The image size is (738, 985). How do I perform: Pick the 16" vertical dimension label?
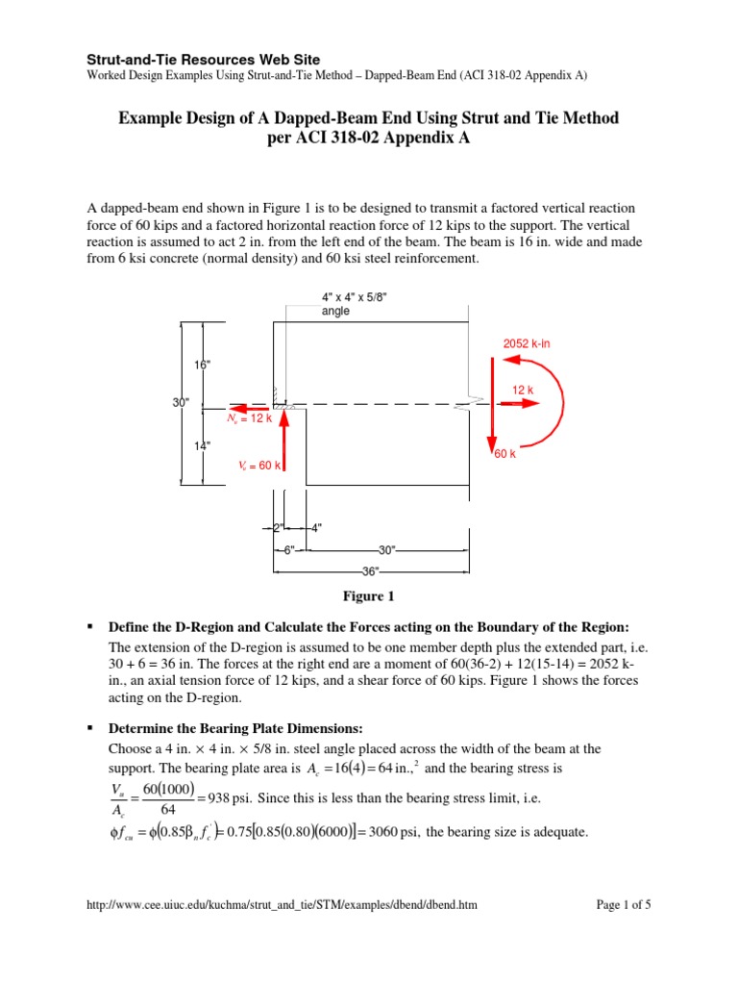pos(202,366)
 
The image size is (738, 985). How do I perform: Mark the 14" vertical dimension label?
pos(202,445)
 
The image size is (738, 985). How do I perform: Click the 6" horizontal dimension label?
pos(288,549)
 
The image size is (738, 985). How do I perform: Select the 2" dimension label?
pos(279,527)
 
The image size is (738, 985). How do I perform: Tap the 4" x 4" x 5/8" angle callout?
pos(355,304)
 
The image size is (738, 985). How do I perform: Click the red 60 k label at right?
pos(505,454)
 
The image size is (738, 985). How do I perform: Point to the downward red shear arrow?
pos(492,404)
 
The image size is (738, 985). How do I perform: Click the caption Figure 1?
pos(368,596)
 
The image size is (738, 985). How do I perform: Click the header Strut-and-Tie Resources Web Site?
pos(204,60)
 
